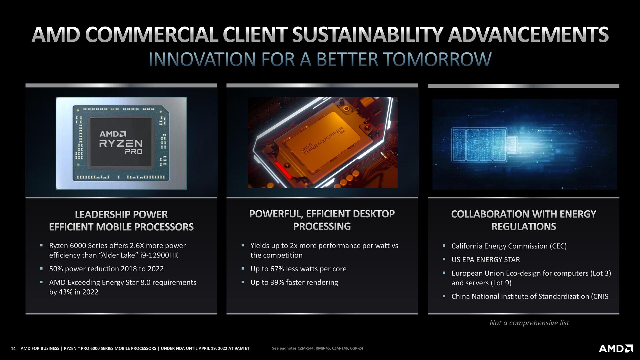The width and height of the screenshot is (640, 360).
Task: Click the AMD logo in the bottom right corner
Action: [616, 348]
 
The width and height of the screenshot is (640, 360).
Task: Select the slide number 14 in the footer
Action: [13, 348]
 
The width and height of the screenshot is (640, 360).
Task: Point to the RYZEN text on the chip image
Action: [121, 144]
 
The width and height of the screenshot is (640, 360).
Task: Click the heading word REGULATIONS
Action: [524, 227]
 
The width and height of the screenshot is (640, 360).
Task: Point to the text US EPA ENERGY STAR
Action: [486, 260]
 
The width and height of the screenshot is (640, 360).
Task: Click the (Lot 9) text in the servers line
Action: [501, 283]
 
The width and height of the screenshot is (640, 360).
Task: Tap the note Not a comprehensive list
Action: [529, 323]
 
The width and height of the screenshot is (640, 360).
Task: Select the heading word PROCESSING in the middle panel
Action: [322, 226]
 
